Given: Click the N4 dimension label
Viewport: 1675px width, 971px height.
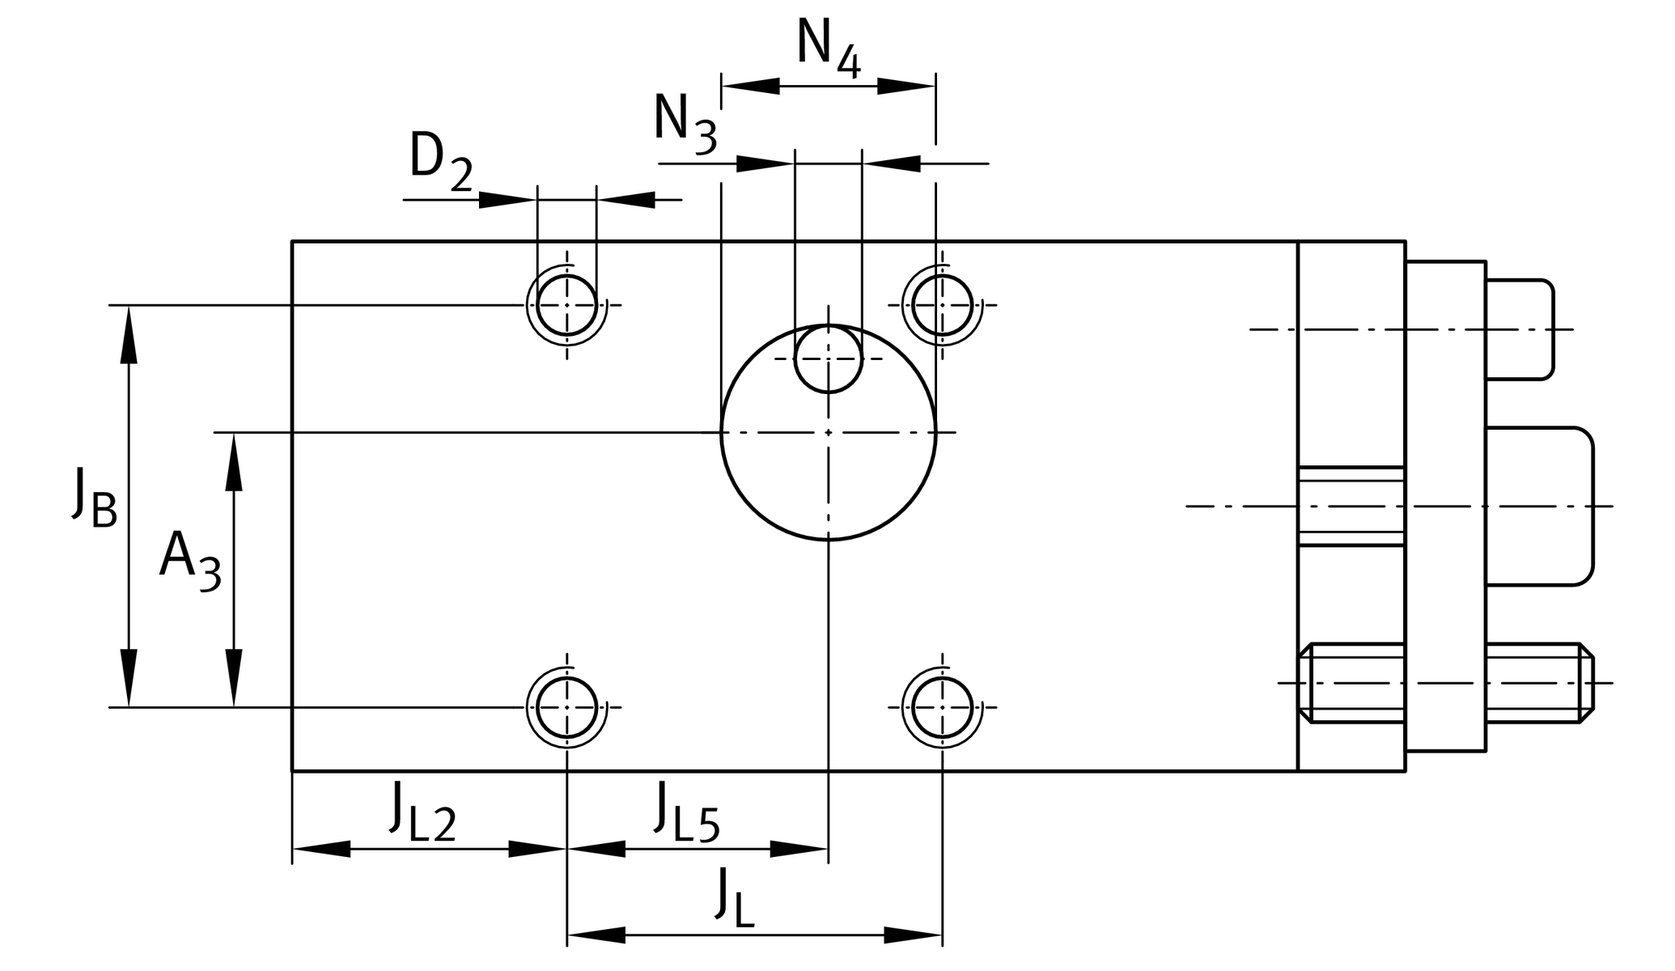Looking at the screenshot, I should point(828,49).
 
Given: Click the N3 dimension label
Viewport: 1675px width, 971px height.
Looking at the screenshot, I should point(685,123).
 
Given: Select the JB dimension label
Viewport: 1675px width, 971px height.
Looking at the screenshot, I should point(94,498).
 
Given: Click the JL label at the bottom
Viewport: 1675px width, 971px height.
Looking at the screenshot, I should point(735,898).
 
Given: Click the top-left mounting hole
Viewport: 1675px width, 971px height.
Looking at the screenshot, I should point(567,305).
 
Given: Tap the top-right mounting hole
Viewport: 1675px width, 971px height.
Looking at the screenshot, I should point(942,305).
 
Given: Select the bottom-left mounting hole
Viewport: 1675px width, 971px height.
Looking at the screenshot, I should point(567,707).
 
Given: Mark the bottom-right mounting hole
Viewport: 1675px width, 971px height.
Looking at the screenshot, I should point(942,707).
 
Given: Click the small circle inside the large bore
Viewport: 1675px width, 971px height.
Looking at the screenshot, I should point(828,358).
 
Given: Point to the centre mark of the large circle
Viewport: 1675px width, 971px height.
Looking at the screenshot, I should point(828,433).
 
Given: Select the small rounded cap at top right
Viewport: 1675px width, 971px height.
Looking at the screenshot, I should point(1521,329).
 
